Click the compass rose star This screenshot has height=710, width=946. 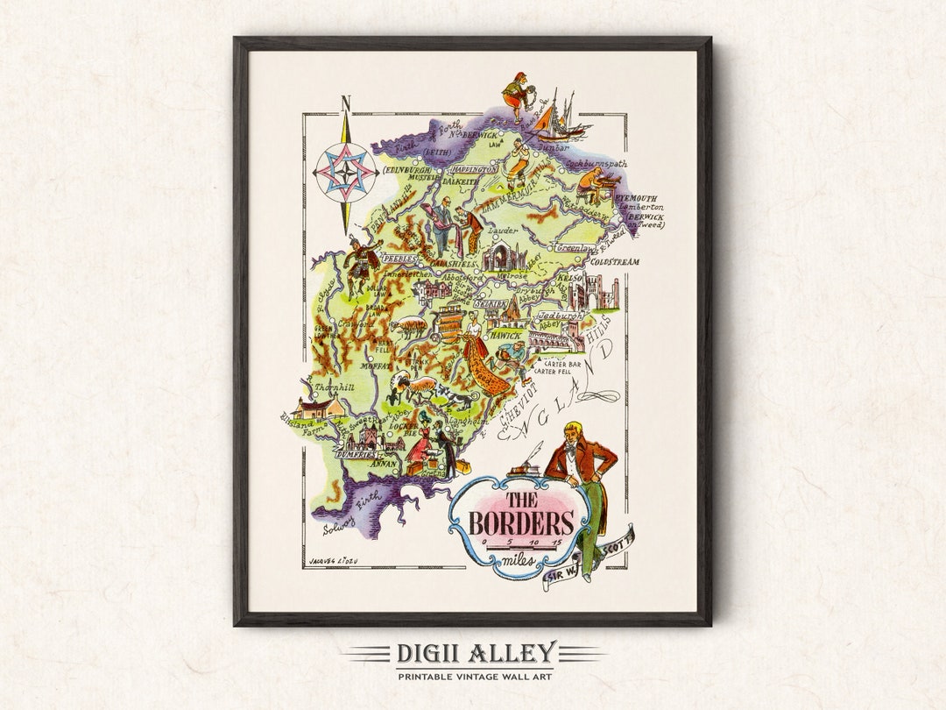coord(346,172)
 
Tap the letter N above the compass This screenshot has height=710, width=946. coord(345,104)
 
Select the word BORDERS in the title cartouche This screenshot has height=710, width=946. coord(520,523)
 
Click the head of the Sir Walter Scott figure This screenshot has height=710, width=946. coord(574,432)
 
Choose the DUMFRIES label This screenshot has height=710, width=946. coord(357,456)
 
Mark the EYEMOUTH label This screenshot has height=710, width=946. coord(640,198)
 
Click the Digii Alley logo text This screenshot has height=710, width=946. coord(476,653)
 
